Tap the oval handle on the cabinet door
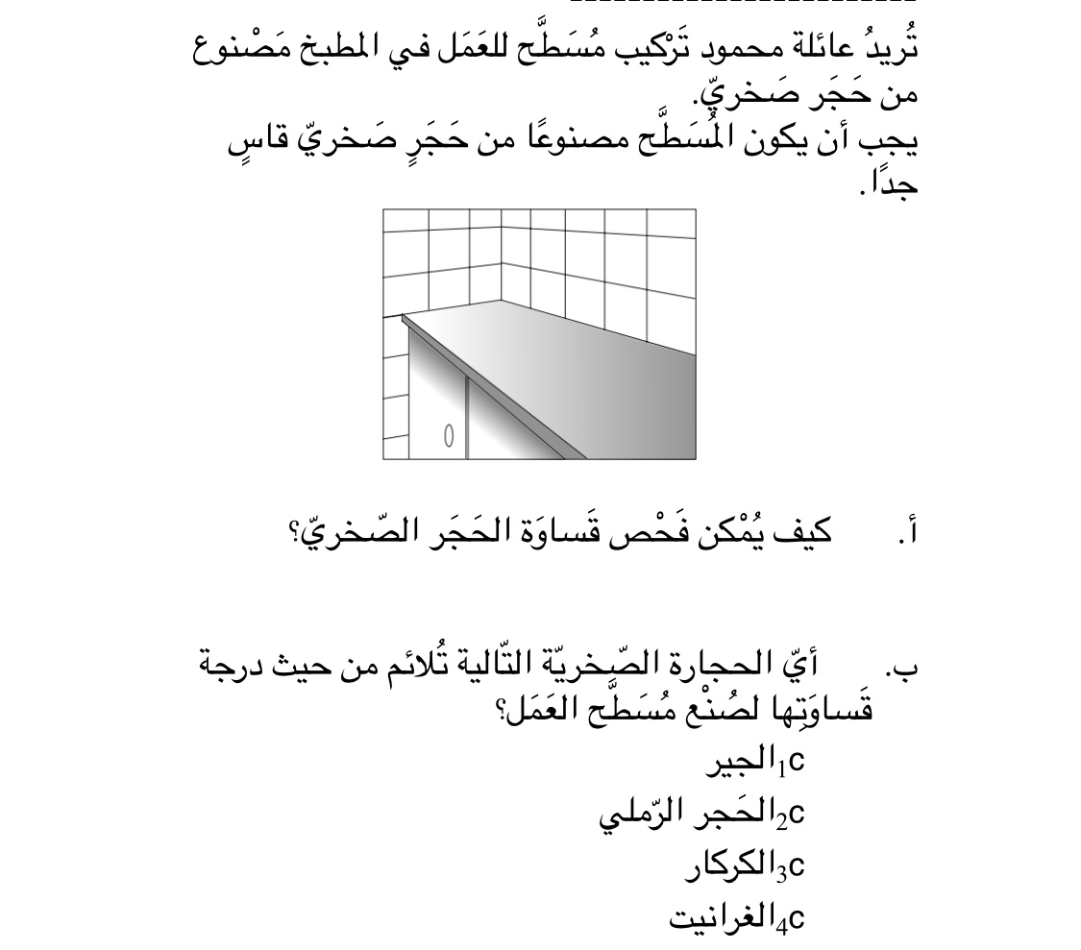click(x=448, y=435)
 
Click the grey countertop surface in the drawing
click(x=577, y=355)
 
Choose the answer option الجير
click(x=741, y=763)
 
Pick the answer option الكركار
click(x=730, y=866)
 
